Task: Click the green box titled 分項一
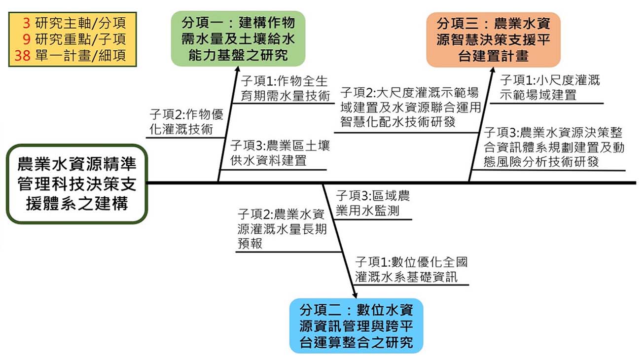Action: pos(238,38)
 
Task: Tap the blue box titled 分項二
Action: pos(356,325)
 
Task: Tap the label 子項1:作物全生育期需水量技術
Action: pos(285,88)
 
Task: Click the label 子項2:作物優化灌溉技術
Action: pos(186,122)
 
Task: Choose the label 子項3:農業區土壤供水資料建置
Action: pos(280,153)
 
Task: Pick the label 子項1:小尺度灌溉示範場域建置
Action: pos(549,87)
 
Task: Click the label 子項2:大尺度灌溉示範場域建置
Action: pos(410,107)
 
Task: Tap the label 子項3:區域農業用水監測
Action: pos(372,203)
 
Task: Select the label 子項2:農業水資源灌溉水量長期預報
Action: pos(281,229)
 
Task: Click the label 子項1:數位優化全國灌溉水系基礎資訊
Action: pos(411,269)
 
